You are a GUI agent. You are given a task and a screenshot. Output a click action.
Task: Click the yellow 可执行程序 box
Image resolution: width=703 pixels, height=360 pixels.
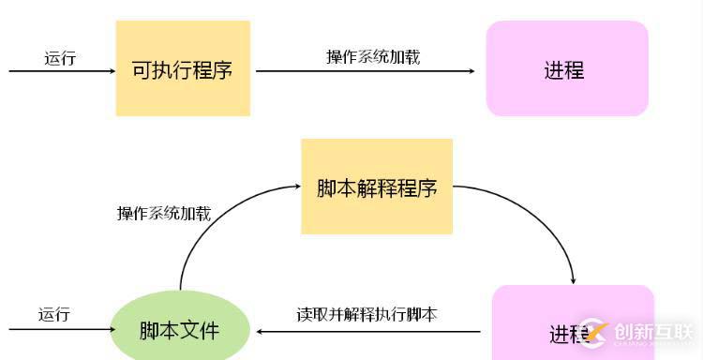(183, 69)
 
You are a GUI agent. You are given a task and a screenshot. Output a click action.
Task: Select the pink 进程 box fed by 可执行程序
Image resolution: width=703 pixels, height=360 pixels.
(566, 69)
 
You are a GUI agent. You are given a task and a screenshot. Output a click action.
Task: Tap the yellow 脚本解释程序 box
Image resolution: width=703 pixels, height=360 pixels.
(377, 187)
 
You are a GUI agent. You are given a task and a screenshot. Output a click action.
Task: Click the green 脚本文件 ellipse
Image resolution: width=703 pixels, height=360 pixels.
(180, 330)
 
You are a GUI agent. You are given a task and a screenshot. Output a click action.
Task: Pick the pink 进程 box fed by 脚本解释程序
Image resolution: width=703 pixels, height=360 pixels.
(573, 323)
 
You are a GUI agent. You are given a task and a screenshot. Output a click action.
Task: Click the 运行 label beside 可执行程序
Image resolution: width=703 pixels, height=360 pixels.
(59, 58)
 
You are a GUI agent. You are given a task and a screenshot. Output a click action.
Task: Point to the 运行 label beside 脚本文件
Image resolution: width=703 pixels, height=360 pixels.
(53, 315)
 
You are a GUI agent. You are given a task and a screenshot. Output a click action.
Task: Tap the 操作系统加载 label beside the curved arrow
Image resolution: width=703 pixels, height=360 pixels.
(163, 213)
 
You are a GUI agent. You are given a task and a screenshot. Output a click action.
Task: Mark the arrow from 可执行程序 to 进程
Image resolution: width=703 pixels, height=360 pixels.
(366, 70)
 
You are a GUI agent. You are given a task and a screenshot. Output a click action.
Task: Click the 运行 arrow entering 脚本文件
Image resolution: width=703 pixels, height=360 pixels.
(56, 330)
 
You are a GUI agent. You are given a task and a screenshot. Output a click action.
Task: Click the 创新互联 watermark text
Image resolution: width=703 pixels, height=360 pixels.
(653, 329)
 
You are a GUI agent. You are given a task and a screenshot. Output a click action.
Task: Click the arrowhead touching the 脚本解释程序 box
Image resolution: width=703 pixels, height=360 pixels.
(294, 187)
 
